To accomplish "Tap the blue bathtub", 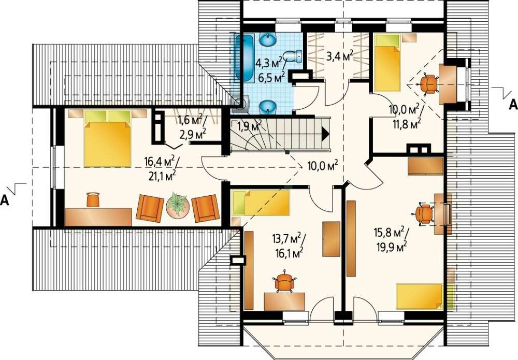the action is point(244,57).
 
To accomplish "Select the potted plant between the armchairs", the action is point(178,205).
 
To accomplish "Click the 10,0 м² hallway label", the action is point(322,165).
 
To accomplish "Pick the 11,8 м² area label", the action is point(407,124).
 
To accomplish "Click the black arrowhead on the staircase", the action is point(326,134).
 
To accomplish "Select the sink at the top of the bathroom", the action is point(267,40).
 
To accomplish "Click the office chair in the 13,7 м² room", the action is point(283,282).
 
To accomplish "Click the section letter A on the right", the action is point(513,105).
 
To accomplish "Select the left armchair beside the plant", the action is point(150,208).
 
